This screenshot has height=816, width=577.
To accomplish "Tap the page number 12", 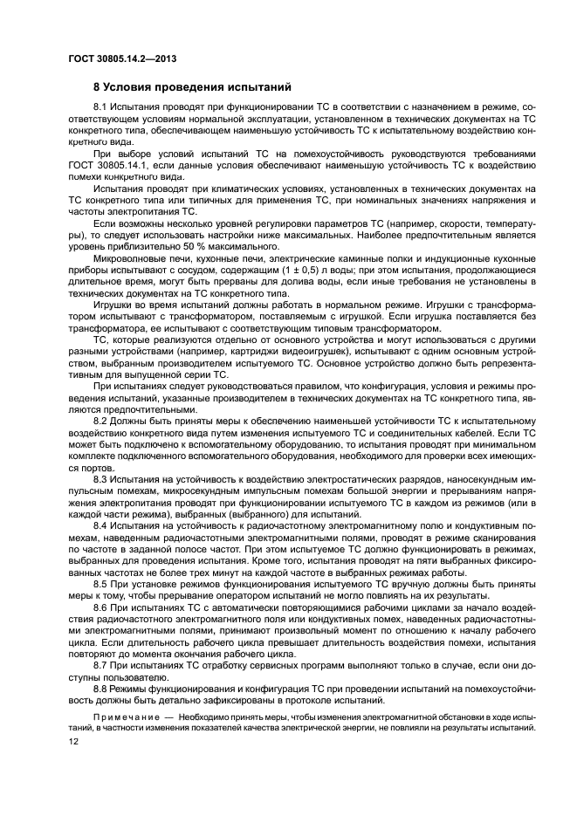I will (73, 740).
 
